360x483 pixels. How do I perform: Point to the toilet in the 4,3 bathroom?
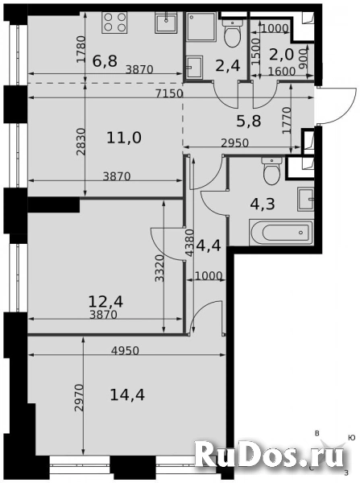[x=271, y=171]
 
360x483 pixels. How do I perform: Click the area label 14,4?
[x=127, y=394]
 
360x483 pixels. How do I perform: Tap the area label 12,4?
[x=106, y=301]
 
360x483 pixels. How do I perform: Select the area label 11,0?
[x=124, y=138]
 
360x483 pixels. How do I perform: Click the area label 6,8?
[x=106, y=60]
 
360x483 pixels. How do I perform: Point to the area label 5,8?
[x=249, y=121]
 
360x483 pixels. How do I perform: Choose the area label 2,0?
[x=281, y=55]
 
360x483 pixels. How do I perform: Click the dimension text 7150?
[x=169, y=93]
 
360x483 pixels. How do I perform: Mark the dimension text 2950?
[x=234, y=143]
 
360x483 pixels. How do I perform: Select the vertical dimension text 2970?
[x=80, y=398]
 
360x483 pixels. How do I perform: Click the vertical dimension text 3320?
[x=159, y=268]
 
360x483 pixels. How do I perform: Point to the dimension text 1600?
[x=281, y=72]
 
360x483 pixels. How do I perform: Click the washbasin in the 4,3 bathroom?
[x=306, y=199]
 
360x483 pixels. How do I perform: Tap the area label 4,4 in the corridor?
[x=209, y=246]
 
